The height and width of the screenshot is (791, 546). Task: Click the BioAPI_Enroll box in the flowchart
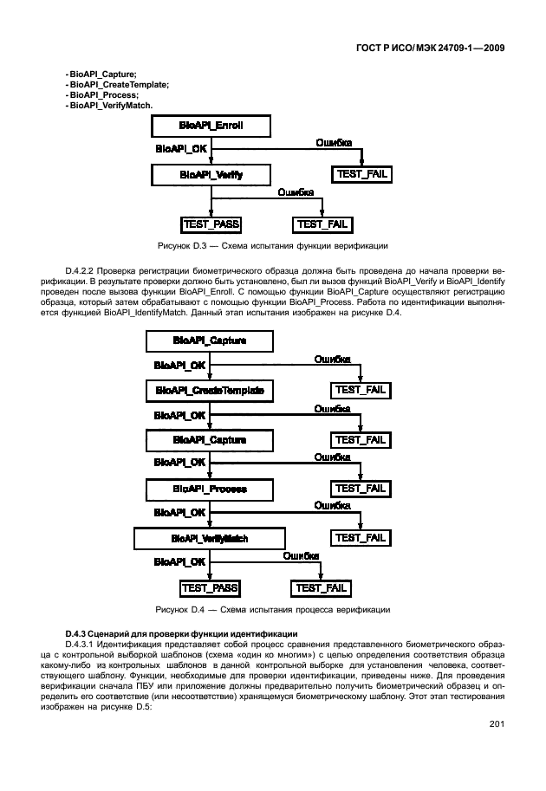pyautogui.click(x=211, y=126)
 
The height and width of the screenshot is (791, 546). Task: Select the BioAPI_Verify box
pyautogui.click(x=211, y=174)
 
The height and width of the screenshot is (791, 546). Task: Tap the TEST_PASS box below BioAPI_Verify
pyautogui.click(x=211, y=224)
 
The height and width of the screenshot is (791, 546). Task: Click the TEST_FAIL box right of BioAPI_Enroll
pyautogui.click(x=361, y=174)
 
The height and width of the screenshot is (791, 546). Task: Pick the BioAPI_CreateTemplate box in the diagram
pyautogui.click(x=211, y=391)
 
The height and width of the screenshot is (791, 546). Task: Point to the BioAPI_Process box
pyautogui.click(x=211, y=489)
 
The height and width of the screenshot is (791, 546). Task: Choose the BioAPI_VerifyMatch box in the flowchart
pyautogui.click(x=211, y=538)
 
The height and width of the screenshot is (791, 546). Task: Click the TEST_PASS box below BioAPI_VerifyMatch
pyautogui.click(x=211, y=587)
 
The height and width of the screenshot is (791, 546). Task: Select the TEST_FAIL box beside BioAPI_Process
pyautogui.click(x=361, y=489)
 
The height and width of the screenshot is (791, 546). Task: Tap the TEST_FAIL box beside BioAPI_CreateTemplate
pyautogui.click(x=361, y=391)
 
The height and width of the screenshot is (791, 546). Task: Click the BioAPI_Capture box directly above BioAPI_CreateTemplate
pyautogui.click(x=211, y=341)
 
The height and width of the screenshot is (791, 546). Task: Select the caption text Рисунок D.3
pyautogui.click(x=179, y=243)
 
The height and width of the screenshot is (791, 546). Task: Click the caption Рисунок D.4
pyautogui.click(x=179, y=608)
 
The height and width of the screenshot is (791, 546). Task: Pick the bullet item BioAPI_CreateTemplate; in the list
pyautogui.click(x=119, y=84)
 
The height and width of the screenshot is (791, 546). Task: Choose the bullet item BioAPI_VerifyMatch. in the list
pyautogui.click(x=111, y=105)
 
